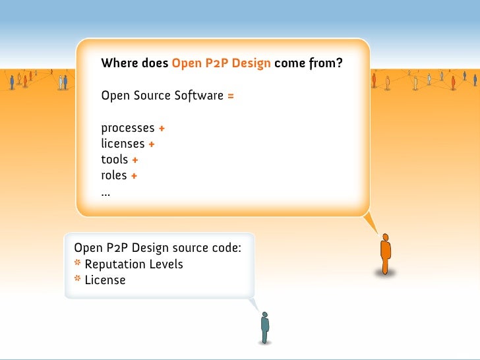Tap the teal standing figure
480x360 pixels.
pyautogui.click(x=264, y=326)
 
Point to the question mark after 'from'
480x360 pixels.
pyautogui.click(x=340, y=64)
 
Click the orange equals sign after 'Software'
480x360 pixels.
pyautogui.click(x=231, y=96)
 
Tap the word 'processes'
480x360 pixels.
pyautogui.click(x=128, y=128)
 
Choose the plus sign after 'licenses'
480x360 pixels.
pyautogui.click(x=152, y=144)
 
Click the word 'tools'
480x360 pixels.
pyautogui.click(x=114, y=160)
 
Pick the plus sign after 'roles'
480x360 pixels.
pyautogui.click(x=134, y=176)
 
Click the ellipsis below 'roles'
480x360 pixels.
pyautogui.click(x=105, y=193)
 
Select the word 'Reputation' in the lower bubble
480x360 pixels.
pyautogui.click(x=115, y=264)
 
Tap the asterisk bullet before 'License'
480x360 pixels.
pyautogui.click(x=78, y=280)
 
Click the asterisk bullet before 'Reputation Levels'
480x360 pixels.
pyautogui.click(x=78, y=264)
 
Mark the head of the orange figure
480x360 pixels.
pyautogui.click(x=386, y=237)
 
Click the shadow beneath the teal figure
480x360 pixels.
pyautogui.click(x=264, y=342)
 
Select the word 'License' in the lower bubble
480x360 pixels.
pyautogui.click(x=105, y=280)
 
